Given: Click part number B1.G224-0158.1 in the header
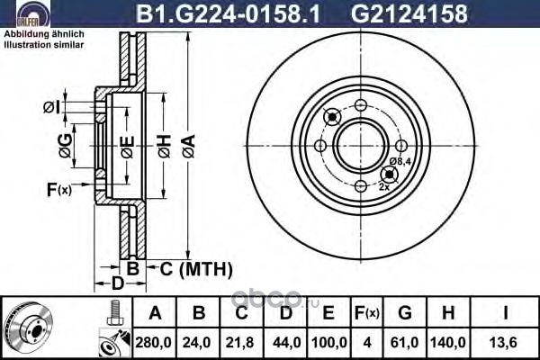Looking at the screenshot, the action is (229, 13).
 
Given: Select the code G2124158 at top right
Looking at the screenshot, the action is (409, 13).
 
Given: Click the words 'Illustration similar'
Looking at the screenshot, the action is (44, 45).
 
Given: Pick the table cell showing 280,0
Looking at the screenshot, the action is (153, 342).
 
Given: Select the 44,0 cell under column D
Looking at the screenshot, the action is (285, 342).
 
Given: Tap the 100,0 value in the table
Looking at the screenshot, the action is (328, 342).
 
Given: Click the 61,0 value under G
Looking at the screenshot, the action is (405, 342).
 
